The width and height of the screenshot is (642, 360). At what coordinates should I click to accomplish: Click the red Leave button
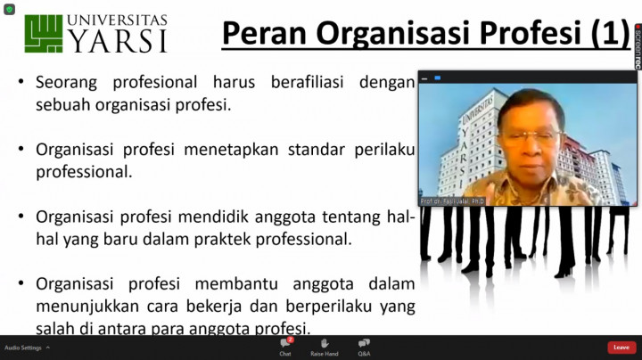pos(621,348)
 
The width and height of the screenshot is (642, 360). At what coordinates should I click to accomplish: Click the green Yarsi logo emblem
pos(43,33)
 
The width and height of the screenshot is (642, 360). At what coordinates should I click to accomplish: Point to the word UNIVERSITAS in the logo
pos(118,19)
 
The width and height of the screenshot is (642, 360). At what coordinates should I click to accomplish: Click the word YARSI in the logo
pos(118,41)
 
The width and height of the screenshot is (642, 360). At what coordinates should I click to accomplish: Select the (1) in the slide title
pos(609,33)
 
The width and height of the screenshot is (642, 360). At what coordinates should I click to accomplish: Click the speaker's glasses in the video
pos(532,136)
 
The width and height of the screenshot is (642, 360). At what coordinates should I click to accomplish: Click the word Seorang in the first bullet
pos(68,82)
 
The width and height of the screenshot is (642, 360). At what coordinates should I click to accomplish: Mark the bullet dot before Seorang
pos(21,82)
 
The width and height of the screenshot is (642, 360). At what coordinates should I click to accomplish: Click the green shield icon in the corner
pos(9,9)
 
